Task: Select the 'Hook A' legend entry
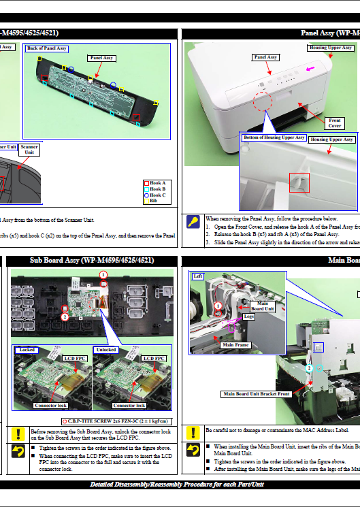(x=157, y=183)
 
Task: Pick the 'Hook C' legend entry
(x=157, y=195)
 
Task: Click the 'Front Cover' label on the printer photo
(x=335, y=122)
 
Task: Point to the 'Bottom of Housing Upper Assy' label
(x=274, y=137)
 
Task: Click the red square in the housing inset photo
(x=299, y=182)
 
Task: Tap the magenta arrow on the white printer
(x=311, y=69)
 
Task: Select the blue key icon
(x=193, y=222)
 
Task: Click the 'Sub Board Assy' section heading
(x=91, y=260)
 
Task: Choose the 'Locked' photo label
(x=27, y=350)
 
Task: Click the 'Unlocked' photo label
(x=106, y=350)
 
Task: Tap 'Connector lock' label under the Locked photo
(x=50, y=406)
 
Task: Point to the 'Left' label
(x=198, y=276)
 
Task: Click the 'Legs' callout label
(x=248, y=316)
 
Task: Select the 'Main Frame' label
(x=236, y=345)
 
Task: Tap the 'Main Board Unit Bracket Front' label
(x=256, y=394)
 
